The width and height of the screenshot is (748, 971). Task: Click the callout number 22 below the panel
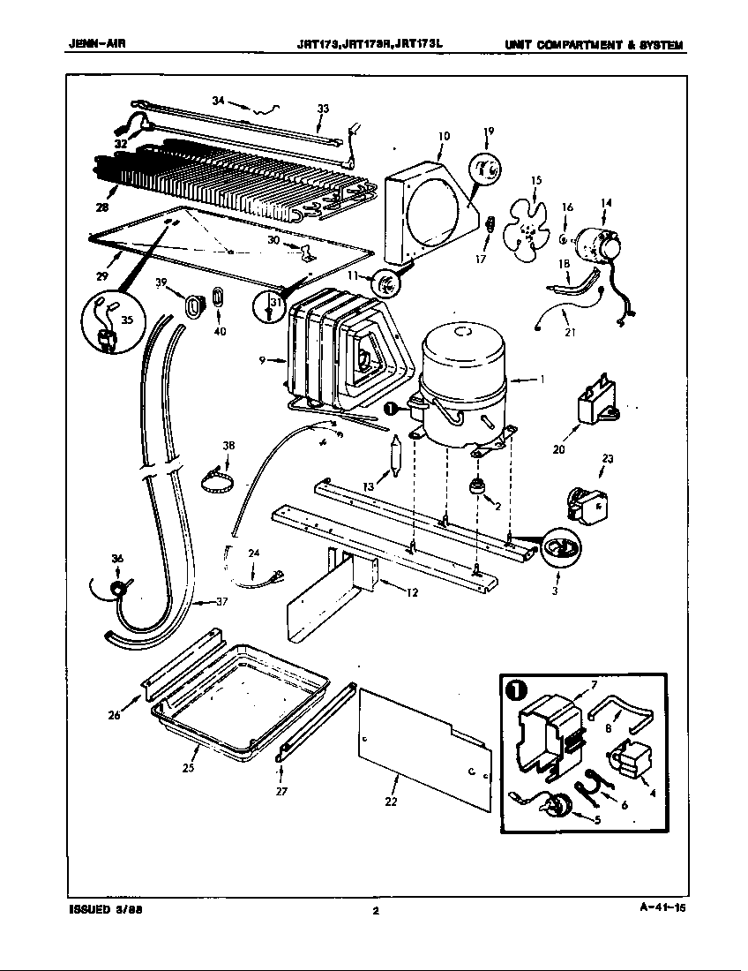coord(391,802)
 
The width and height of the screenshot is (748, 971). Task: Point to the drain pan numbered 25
coord(238,697)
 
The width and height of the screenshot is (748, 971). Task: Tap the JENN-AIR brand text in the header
coord(98,45)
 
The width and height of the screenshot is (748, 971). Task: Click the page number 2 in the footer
coord(375,912)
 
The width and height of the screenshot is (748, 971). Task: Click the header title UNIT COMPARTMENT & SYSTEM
coord(594,45)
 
